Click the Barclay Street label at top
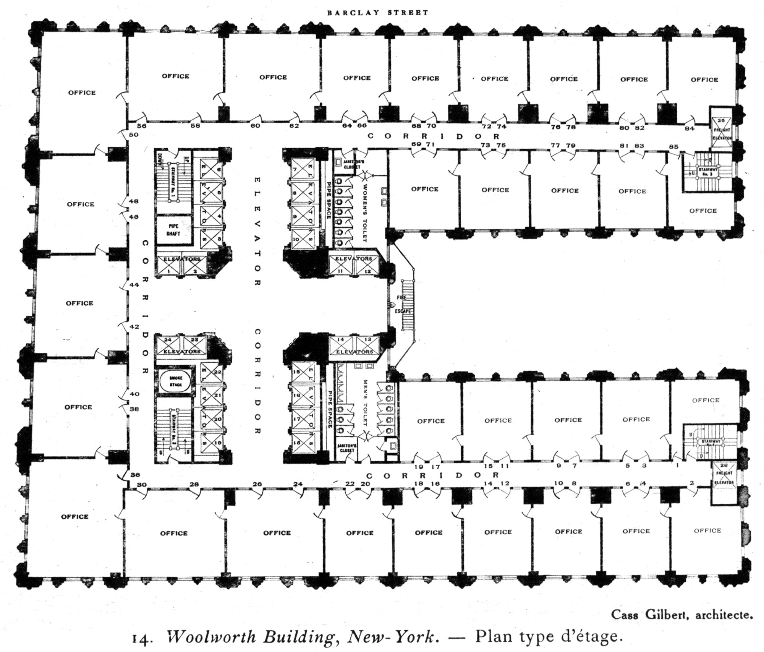click(x=378, y=13)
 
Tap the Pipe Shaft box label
click(x=173, y=230)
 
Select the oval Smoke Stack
click(x=176, y=381)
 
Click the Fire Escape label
click(x=403, y=304)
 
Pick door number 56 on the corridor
click(x=141, y=126)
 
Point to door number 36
click(x=135, y=475)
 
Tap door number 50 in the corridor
click(x=134, y=135)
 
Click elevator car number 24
click(x=168, y=340)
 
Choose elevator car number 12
click(x=367, y=271)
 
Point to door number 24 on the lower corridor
click(x=298, y=484)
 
